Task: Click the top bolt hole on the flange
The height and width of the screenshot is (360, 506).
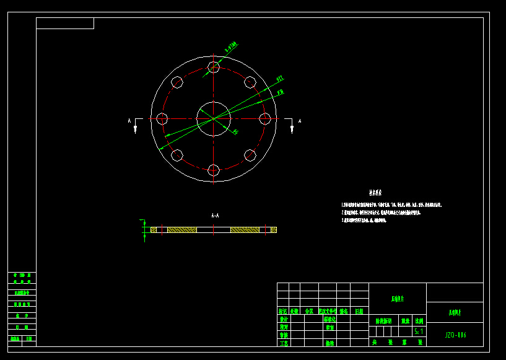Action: [x=214, y=67]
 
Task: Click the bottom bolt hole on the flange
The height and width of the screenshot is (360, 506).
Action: [x=214, y=170]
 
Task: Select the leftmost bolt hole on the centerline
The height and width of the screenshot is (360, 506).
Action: [x=162, y=118]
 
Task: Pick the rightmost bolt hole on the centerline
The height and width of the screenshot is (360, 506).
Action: [x=265, y=118]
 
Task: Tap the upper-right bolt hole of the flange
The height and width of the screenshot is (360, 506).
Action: [x=250, y=82]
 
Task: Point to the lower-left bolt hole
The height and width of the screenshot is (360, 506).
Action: [x=177, y=155]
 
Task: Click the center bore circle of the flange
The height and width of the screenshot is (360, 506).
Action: [x=214, y=118]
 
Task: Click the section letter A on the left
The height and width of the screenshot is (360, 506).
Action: [x=129, y=121]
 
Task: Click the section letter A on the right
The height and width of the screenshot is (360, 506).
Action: [x=300, y=121]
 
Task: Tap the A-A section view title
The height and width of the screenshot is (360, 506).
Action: [x=215, y=216]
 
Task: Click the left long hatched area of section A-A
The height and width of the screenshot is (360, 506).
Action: [x=182, y=230]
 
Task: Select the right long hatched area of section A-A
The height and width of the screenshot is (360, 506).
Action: [x=245, y=230]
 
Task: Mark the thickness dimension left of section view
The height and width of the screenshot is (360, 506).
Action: [x=144, y=229]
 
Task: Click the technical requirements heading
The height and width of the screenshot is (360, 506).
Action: [x=375, y=193]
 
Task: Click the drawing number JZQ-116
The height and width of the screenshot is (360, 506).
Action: [x=455, y=335]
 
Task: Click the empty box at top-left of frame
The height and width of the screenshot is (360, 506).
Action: [x=65, y=24]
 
